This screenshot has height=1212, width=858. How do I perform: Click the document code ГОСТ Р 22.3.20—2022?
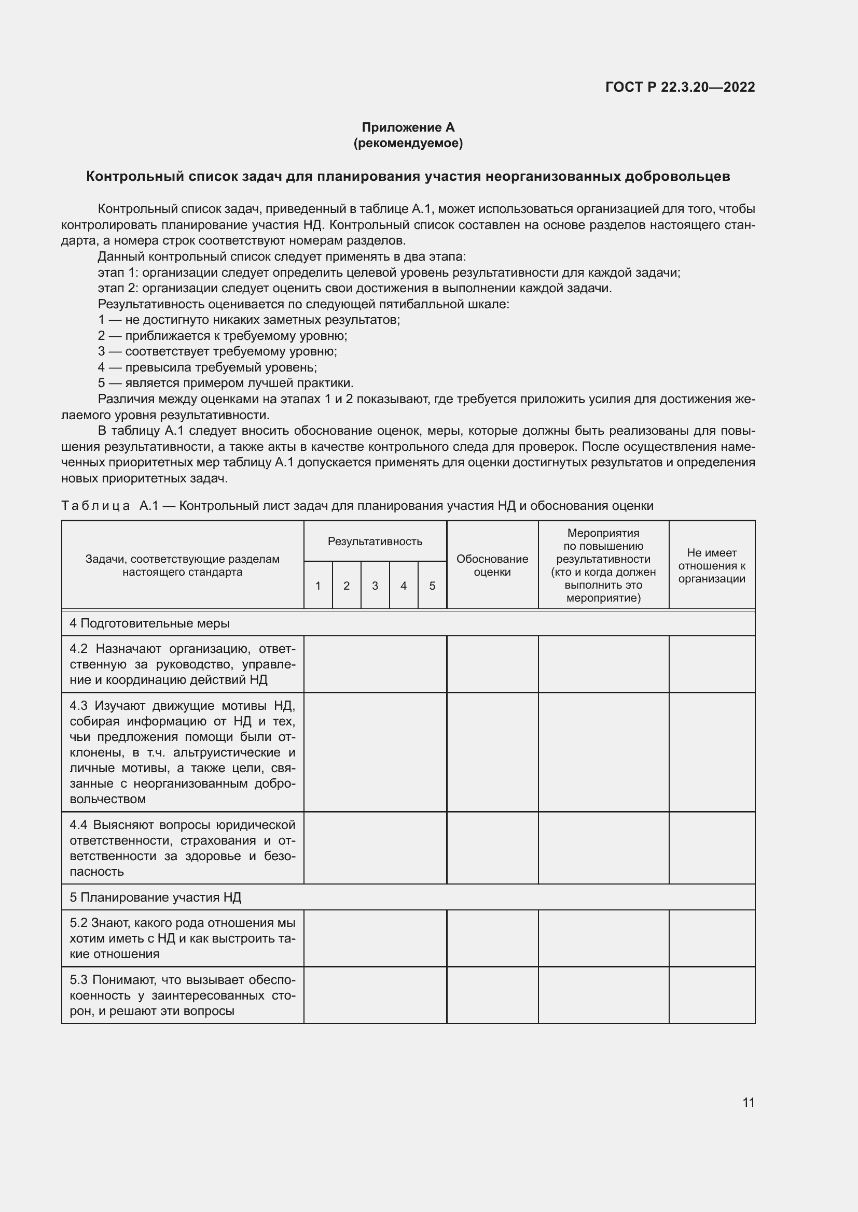pyautogui.click(x=680, y=87)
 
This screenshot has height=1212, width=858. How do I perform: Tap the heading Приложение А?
pyautogui.click(x=408, y=127)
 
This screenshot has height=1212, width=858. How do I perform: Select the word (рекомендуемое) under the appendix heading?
pyautogui.click(x=408, y=144)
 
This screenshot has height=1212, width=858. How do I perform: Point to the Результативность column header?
pyautogui.click(x=375, y=541)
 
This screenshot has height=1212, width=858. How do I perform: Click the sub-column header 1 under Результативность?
pyautogui.click(x=317, y=586)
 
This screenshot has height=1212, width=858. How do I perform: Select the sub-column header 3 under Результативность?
pyautogui.click(x=375, y=586)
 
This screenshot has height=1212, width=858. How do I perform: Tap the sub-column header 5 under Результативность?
pyautogui.click(x=432, y=586)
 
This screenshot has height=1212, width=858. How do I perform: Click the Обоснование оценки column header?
pyautogui.click(x=492, y=565)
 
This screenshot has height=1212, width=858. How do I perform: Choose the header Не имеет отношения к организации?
pyautogui.click(x=711, y=565)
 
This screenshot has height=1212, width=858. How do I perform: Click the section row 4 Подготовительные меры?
pyautogui.click(x=149, y=623)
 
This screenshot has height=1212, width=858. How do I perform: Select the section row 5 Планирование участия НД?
pyautogui.click(x=155, y=897)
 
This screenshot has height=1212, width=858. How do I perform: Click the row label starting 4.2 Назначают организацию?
pyautogui.click(x=182, y=664)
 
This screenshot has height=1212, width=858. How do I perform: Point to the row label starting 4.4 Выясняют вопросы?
pyautogui.click(x=182, y=848)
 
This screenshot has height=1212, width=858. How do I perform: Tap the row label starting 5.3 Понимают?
pyautogui.click(x=182, y=995)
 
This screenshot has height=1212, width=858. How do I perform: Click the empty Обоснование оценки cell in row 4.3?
pyautogui.click(x=492, y=752)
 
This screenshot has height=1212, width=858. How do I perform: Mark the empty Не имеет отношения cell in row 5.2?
pyautogui.click(x=711, y=938)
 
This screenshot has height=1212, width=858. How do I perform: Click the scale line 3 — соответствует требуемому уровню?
pyautogui.click(x=217, y=351)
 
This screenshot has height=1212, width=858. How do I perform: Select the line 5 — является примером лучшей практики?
pyautogui.click(x=226, y=383)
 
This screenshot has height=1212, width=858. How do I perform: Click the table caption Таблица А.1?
pyautogui.click(x=357, y=506)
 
